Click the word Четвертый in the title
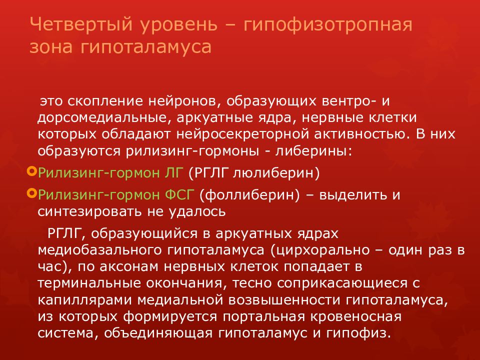point(72,24)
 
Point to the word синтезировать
point(87,211)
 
